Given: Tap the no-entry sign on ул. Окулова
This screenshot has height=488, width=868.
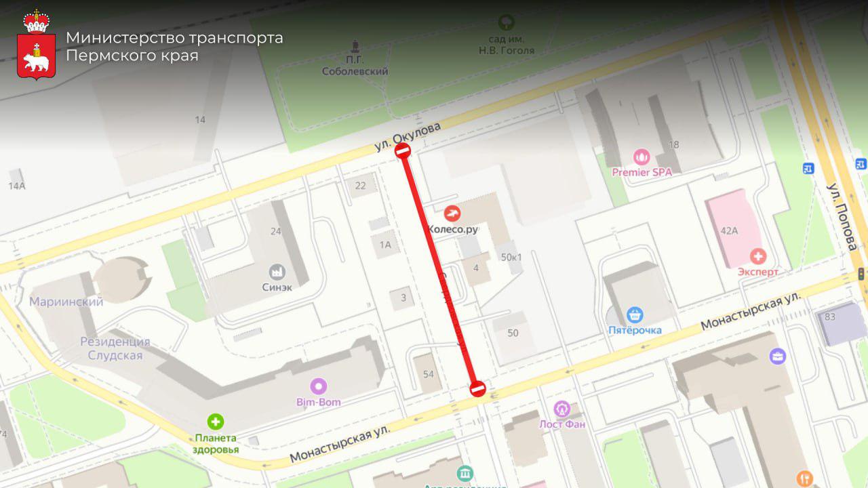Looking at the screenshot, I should (403, 150).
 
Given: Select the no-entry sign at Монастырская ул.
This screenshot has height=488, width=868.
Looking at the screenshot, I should (478, 389).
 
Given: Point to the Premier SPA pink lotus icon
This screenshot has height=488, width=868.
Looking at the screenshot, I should (642, 157).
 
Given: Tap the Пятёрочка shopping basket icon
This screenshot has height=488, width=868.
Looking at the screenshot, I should (635, 314).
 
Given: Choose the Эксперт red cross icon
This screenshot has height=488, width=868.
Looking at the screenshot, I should (757, 256).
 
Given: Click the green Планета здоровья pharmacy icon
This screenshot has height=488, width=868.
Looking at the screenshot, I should (216, 422).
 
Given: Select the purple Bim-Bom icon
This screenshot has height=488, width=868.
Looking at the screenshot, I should (318, 387).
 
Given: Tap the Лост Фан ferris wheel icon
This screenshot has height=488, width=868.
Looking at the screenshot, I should (561, 409).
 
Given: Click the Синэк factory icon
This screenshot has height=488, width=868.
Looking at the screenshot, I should (276, 272).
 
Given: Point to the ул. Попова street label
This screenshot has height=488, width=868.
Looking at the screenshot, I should (842, 217).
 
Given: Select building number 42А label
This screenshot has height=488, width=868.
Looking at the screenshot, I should (729, 230).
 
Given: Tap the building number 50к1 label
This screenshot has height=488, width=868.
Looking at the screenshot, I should (511, 257).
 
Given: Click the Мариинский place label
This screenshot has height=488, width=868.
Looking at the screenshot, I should (66, 302).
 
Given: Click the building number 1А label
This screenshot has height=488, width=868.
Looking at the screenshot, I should (386, 245).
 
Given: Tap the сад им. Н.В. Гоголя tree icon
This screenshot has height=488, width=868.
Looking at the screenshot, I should (506, 22).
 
